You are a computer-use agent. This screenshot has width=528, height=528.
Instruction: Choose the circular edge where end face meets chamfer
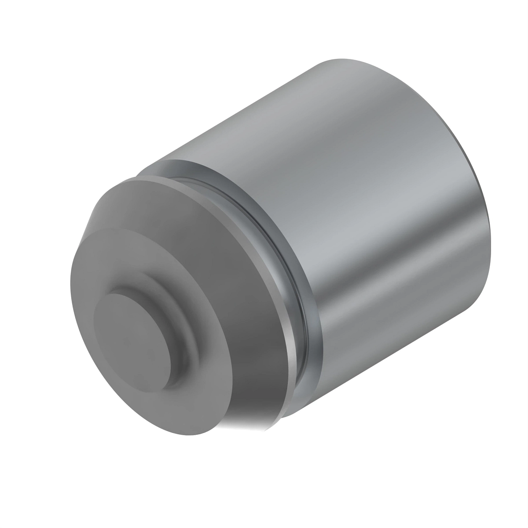click(x=88, y=246)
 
